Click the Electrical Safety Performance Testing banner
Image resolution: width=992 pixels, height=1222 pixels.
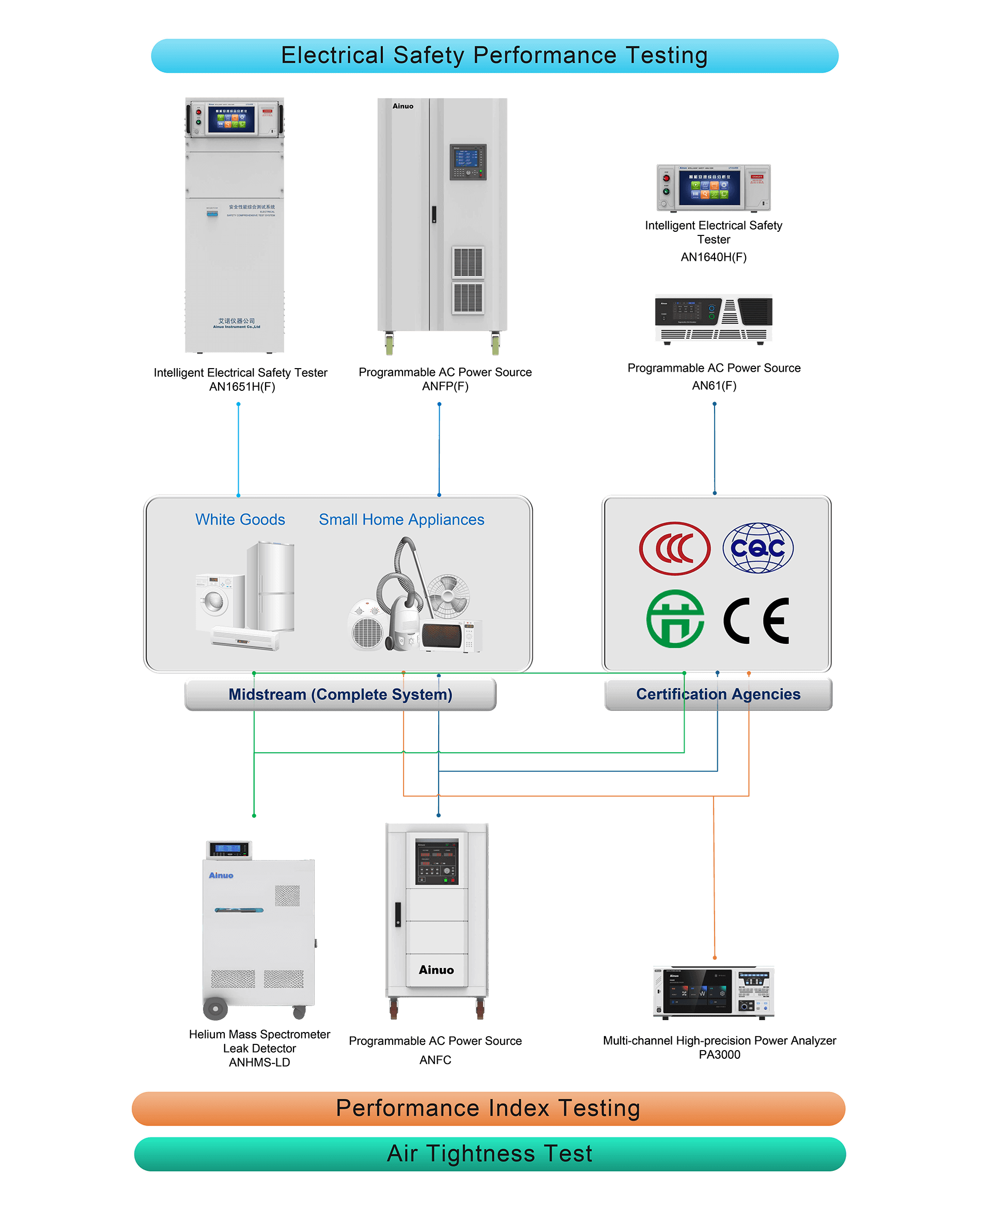pyautogui.click(x=494, y=56)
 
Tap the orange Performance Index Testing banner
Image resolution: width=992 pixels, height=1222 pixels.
pyautogui.click(x=488, y=1108)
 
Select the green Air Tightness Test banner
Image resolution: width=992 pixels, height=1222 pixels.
pyautogui.click(x=490, y=1153)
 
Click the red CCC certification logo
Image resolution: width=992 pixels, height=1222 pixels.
pyautogui.click(x=675, y=548)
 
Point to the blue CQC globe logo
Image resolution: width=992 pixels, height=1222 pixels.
pyautogui.click(x=758, y=548)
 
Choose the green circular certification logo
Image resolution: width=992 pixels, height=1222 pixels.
pyautogui.click(x=675, y=619)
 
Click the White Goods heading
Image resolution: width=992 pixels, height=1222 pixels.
pyautogui.click(x=240, y=520)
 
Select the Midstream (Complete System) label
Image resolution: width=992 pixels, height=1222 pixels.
pyautogui.click(x=340, y=694)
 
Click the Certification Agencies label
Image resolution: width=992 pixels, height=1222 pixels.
pyautogui.click(x=718, y=694)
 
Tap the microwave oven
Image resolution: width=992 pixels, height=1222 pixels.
pyautogui.click(x=451, y=636)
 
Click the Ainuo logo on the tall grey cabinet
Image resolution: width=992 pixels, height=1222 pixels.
pyautogui.click(x=403, y=106)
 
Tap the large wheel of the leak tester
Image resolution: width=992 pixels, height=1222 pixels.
pyautogui.click(x=215, y=1009)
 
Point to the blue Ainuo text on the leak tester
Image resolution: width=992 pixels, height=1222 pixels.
pyautogui.click(x=221, y=876)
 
